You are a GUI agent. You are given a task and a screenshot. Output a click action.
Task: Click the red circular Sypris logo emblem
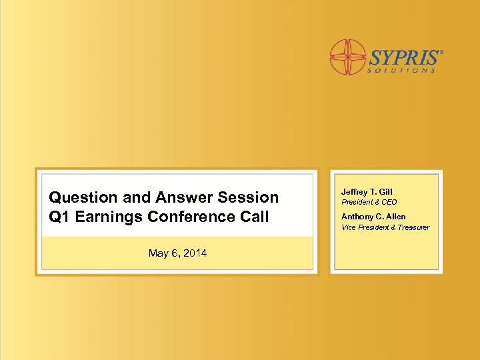tap(348, 57)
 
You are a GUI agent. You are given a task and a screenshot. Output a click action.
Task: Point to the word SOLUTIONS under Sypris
tap(402, 70)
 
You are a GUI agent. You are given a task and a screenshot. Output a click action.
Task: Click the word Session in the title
tap(248, 197)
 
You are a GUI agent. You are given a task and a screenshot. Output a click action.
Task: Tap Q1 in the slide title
tap(59, 217)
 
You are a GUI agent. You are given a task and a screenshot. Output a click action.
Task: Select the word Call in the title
tap(255, 217)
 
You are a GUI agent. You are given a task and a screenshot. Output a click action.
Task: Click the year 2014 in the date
tap(194, 253)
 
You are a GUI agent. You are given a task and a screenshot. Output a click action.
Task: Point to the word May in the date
tap(159, 253)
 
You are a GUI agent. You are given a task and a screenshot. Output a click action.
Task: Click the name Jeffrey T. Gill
tap(367, 192)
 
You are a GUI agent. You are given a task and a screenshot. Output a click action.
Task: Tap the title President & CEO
tap(369, 202)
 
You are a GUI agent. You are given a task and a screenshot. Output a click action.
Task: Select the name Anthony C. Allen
tap(373, 217)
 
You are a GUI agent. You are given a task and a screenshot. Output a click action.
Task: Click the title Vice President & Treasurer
tap(385, 227)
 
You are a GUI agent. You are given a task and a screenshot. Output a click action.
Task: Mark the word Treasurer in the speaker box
tap(414, 227)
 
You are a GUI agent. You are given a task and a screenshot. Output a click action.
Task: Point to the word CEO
tap(389, 202)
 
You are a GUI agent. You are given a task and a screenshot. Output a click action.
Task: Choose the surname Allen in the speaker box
tap(395, 217)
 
